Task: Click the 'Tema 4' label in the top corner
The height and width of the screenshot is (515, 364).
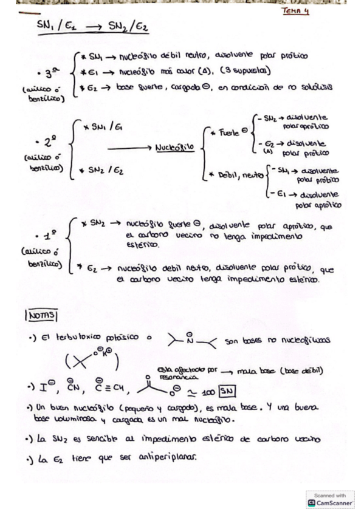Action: click(295, 11)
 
